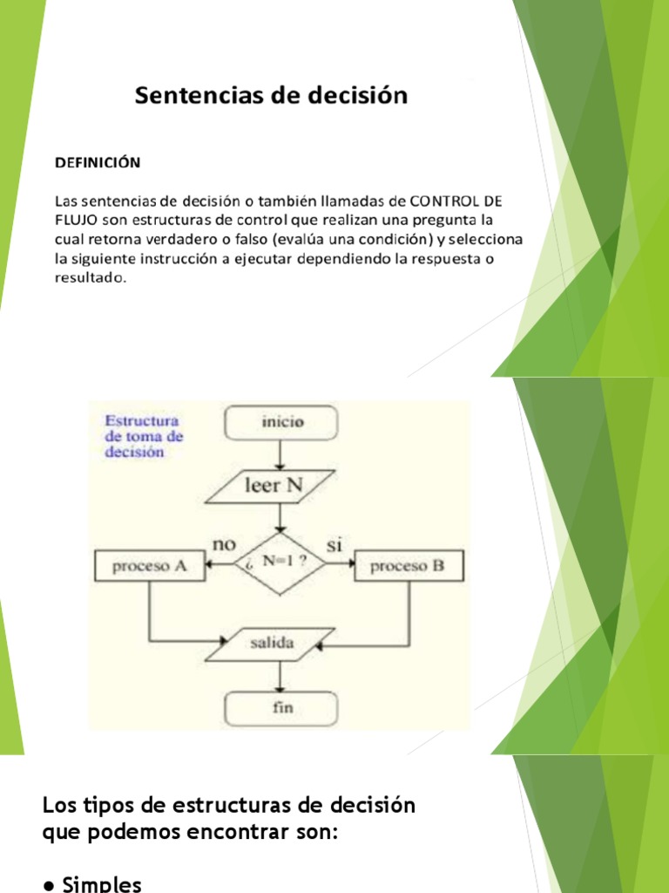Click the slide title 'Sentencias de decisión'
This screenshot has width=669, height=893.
[271, 95]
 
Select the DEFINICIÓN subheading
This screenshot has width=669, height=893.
[98, 162]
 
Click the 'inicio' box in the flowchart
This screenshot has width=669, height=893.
[280, 423]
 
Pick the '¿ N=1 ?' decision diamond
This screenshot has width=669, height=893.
[280, 563]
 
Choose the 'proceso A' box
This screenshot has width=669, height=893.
[150, 566]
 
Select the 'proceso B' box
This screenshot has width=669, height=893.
[408, 566]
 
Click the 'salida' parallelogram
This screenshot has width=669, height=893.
[272, 644]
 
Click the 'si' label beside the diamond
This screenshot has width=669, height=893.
[334, 545]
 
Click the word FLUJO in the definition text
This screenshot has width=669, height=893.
[76, 218]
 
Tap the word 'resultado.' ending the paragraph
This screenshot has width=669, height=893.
[91, 278]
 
